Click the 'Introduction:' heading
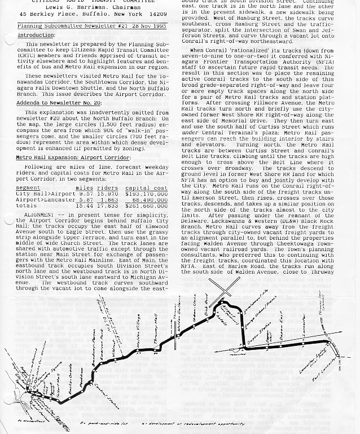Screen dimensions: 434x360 click(36, 35)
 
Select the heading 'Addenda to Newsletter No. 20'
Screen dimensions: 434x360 click(59, 103)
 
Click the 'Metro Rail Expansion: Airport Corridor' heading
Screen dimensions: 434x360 click(73, 158)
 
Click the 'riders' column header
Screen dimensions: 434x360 click(107, 188)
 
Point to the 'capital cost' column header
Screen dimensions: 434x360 click(146, 188)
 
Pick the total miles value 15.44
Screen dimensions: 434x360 click(84, 205)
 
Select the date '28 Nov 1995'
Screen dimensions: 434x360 click(146, 26)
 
